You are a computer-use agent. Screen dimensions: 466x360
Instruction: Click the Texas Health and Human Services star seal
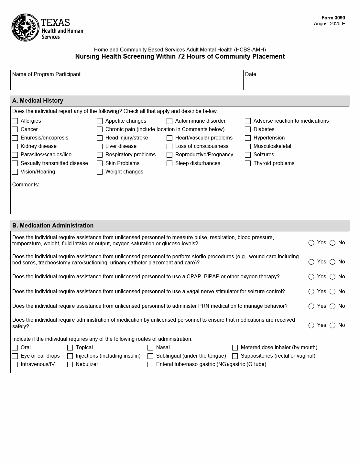click(25, 28)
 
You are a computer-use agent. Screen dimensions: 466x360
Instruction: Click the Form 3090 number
click(333, 18)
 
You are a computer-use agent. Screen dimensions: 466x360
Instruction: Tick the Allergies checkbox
click(15, 121)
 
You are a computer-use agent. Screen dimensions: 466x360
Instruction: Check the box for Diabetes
click(248, 129)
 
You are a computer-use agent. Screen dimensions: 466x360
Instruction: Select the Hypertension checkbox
click(248, 138)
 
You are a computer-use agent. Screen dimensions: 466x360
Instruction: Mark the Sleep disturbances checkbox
click(169, 163)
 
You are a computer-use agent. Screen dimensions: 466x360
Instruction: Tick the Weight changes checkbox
click(100, 172)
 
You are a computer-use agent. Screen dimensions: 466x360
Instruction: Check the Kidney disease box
click(15, 146)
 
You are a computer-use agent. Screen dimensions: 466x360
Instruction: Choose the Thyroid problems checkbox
click(248, 163)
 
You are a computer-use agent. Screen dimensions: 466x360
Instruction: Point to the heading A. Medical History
click(38, 101)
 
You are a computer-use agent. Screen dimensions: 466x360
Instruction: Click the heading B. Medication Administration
click(53, 226)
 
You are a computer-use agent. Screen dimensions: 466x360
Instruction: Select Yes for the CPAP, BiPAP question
click(311, 277)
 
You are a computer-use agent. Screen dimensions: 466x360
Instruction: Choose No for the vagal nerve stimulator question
click(333, 292)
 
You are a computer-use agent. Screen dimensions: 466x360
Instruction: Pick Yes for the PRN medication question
click(311, 306)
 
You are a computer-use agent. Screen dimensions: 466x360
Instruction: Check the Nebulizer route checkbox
click(70, 364)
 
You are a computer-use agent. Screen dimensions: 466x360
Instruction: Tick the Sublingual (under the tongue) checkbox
click(150, 356)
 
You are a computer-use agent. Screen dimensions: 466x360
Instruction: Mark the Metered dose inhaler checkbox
click(235, 348)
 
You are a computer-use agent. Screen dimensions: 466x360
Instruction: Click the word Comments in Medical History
click(26, 185)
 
